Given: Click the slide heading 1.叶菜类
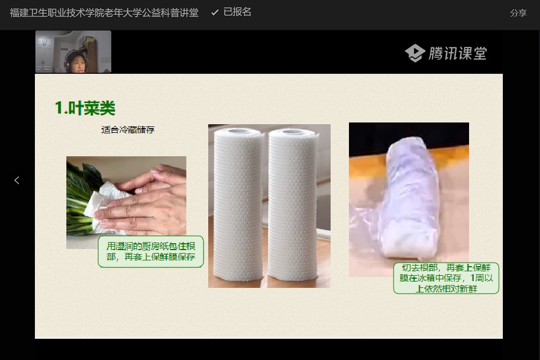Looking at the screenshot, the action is [x=85, y=108].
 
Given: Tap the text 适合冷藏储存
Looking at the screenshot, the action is [x=128, y=130].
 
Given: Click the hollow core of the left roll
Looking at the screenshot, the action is [x=239, y=132].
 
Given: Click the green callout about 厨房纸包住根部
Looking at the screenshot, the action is [x=151, y=251].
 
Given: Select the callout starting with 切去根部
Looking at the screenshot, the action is [x=446, y=278].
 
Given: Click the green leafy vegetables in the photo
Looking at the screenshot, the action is [x=81, y=200].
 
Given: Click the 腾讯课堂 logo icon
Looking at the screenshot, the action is [x=415, y=53].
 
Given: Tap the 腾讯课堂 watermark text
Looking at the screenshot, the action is [x=458, y=53].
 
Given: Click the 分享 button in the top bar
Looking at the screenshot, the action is [x=518, y=13].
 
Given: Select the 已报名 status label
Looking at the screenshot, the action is [x=237, y=12].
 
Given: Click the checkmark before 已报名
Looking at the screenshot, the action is [x=215, y=13].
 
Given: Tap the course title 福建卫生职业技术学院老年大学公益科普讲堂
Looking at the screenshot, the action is [x=104, y=13].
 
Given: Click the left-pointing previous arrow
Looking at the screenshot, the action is [x=17, y=180].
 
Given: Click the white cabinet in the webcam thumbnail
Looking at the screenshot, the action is [x=45, y=52].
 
